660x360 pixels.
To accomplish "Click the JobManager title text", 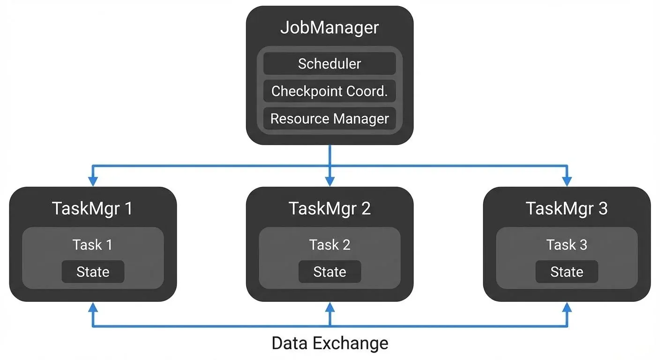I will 330,27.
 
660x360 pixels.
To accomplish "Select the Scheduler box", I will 330,64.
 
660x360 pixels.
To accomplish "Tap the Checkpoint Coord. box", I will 330,91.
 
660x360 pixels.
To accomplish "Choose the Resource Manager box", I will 330,119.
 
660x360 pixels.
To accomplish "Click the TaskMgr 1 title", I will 92,208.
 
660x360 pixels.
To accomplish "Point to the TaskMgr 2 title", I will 330,208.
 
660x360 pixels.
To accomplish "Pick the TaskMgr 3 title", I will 567,208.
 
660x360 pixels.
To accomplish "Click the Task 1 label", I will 92,244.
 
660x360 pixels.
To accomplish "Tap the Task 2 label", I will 330,244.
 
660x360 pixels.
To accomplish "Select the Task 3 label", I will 567,244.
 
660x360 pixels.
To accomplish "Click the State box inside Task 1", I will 93,272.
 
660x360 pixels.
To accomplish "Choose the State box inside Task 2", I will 330,272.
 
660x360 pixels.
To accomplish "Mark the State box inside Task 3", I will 567,272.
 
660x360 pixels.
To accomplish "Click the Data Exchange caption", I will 330,343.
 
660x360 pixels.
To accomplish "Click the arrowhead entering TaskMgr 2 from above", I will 330,181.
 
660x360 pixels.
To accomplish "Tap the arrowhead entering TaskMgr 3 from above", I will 567,181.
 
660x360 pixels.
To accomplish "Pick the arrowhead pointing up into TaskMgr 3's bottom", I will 567,307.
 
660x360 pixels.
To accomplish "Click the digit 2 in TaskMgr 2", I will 366,208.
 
